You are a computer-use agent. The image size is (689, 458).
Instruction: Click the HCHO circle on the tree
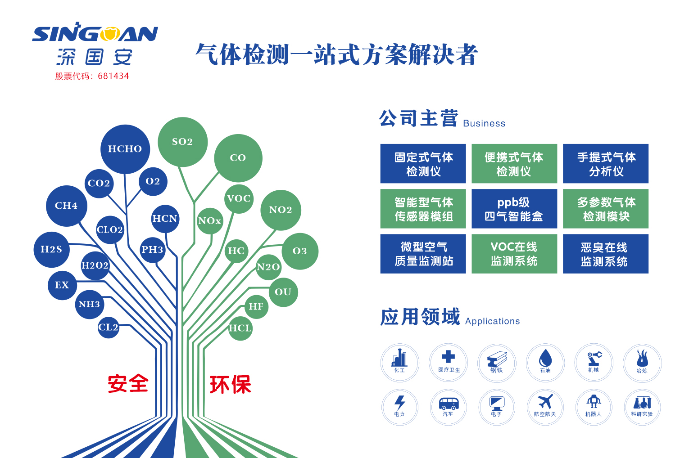click(x=125, y=149)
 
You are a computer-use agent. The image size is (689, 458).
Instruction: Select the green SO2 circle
click(x=182, y=142)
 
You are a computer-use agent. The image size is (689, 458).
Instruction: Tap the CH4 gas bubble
click(x=66, y=206)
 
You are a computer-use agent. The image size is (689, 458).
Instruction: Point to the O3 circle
click(x=300, y=251)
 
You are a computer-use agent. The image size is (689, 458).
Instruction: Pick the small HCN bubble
click(x=165, y=219)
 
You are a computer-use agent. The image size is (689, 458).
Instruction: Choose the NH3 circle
click(x=89, y=304)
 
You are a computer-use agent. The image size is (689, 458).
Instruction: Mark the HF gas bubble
click(x=256, y=306)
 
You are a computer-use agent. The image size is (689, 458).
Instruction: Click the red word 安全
click(x=128, y=384)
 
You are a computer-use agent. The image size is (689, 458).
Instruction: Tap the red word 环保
click(x=230, y=385)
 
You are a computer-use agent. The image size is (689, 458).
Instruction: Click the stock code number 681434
click(x=113, y=76)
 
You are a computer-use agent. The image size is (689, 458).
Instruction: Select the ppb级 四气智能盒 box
click(x=514, y=209)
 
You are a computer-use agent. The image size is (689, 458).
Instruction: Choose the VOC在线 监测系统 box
click(x=514, y=254)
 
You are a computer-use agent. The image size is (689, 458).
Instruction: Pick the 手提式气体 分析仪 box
click(x=606, y=164)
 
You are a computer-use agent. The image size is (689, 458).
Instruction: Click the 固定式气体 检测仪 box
click(x=423, y=164)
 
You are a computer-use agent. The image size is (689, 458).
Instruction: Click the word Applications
click(x=492, y=321)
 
